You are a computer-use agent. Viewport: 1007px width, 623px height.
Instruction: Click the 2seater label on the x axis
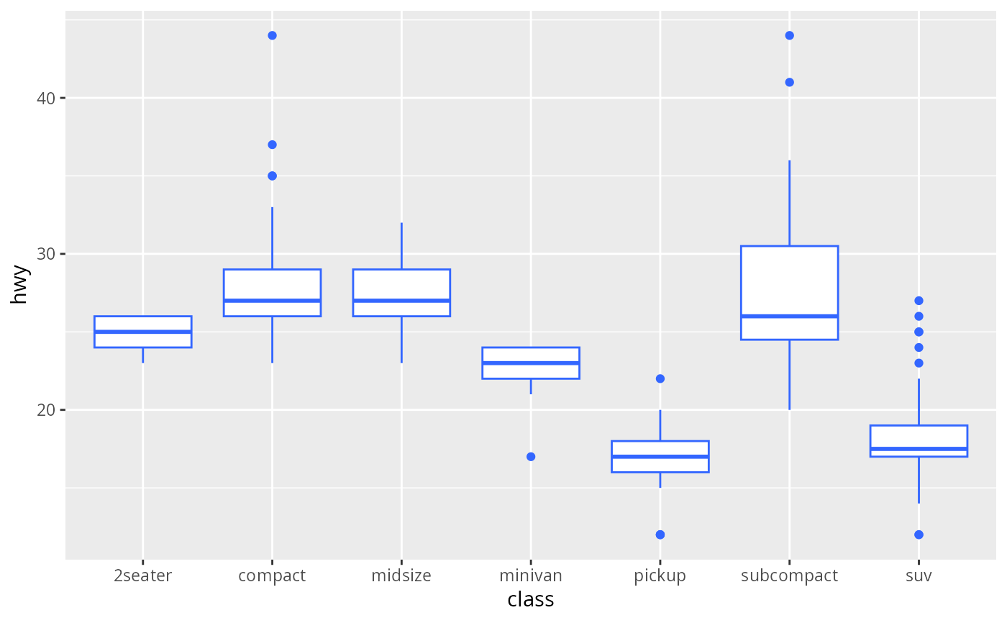click(x=142, y=576)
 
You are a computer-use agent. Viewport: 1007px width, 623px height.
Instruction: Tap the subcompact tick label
click(x=789, y=576)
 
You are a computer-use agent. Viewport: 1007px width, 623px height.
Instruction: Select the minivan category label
click(x=530, y=576)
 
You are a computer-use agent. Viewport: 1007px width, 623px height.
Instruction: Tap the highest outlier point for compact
click(x=272, y=35)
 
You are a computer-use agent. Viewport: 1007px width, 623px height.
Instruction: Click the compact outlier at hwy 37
click(x=272, y=145)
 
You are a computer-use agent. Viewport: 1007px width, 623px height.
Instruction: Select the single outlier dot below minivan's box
click(x=530, y=457)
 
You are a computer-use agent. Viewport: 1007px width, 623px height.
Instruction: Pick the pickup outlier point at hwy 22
click(x=660, y=378)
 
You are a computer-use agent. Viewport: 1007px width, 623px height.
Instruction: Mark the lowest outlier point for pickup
click(x=660, y=535)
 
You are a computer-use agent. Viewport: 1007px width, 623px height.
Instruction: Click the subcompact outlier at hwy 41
click(x=789, y=82)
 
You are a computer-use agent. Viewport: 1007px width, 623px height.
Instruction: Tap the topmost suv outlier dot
click(x=919, y=301)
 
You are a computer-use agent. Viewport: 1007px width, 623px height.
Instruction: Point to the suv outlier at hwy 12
click(x=919, y=535)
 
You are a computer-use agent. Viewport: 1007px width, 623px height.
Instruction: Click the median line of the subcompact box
click(x=789, y=316)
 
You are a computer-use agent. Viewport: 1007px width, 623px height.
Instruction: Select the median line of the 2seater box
click(x=142, y=332)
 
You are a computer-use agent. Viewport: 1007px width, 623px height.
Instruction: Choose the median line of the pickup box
click(x=660, y=457)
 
